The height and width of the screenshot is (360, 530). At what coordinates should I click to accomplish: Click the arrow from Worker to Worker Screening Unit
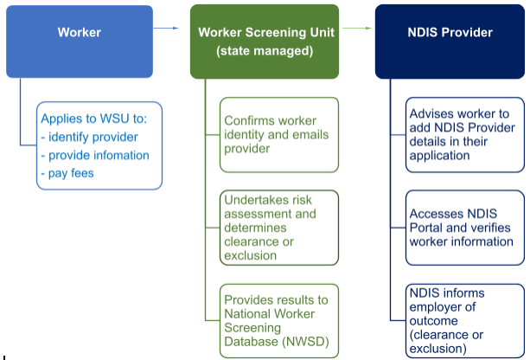coord(166,29)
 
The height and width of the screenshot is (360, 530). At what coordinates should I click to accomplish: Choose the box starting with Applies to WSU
coord(99,145)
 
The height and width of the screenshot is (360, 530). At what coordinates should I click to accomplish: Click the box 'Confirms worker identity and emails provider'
coord(278,134)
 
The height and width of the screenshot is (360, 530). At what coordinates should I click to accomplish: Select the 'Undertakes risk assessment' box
coord(278,228)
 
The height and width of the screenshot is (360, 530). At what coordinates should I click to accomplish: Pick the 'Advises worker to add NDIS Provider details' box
coord(465,134)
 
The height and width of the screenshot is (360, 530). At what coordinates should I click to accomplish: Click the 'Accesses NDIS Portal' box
coord(465,228)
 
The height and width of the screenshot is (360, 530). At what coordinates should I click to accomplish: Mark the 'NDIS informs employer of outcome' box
coord(465,320)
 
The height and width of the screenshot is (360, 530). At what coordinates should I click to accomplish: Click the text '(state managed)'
coord(265,52)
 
